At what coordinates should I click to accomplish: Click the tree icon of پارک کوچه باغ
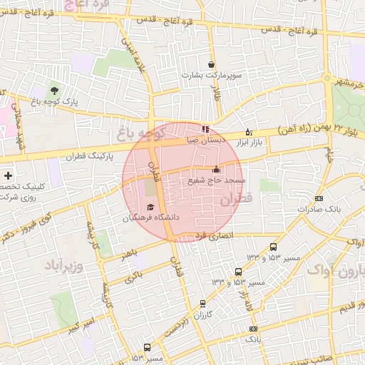pos(54,91)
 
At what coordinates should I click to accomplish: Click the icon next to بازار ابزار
pos(248,132)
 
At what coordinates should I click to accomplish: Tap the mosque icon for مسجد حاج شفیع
pos(216,170)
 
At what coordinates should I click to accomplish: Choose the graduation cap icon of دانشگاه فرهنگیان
pos(150,207)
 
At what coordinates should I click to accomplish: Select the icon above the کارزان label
pos(202,304)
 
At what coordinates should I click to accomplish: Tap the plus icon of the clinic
pos(8,175)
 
